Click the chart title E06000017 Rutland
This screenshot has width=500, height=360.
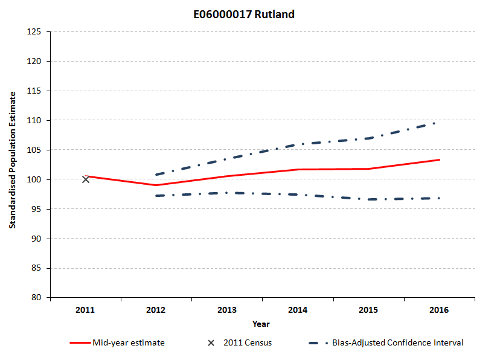click(250, 14)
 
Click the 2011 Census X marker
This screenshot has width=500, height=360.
click(86, 179)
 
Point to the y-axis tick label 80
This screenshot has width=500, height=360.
click(36, 298)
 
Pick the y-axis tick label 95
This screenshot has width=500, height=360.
click(36, 210)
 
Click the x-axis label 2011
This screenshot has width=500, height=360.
click(86, 310)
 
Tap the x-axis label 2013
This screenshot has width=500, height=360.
click(227, 310)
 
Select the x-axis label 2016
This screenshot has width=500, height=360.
click(439, 310)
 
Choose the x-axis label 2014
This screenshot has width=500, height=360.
click(298, 310)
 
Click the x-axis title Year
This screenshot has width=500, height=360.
click(261, 324)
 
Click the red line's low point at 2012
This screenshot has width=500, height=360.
click(156, 185)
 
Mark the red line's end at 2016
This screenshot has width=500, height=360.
click(439, 160)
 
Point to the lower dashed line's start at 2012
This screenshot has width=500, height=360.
click(156, 196)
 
